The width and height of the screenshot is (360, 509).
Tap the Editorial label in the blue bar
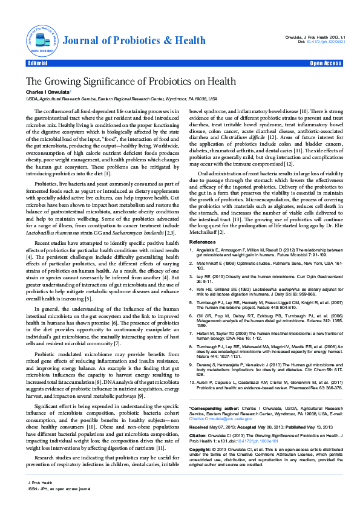point(38,63)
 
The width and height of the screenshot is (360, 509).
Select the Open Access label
point(326,63)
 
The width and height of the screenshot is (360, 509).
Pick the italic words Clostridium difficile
point(243,137)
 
